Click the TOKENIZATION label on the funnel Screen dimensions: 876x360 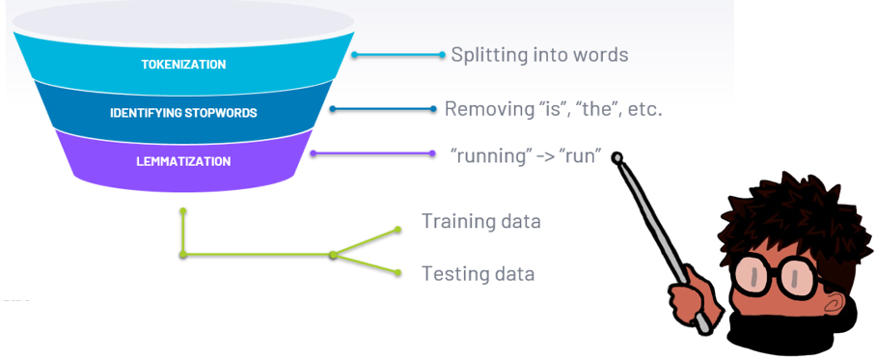[x=183, y=65]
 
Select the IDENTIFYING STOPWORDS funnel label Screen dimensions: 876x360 [x=183, y=113]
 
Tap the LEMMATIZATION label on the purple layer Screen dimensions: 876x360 [x=183, y=161]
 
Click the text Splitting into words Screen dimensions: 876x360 [x=539, y=55]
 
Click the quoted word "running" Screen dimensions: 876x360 [x=489, y=157]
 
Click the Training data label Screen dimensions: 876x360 [x=481, y=221]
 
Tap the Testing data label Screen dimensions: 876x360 [x=478, y=273]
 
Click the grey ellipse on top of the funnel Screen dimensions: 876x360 [x=183, y=22]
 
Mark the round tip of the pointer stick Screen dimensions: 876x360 [x=616, y=157]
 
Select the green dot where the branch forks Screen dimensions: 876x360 [x=334, y=255]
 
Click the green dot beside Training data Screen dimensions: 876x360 [x=397, y=229]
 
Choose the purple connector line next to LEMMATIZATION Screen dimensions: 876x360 [x=372, y=153]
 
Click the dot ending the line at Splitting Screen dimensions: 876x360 [x=442, y=55]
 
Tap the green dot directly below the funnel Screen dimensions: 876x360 [x=182, y=211]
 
